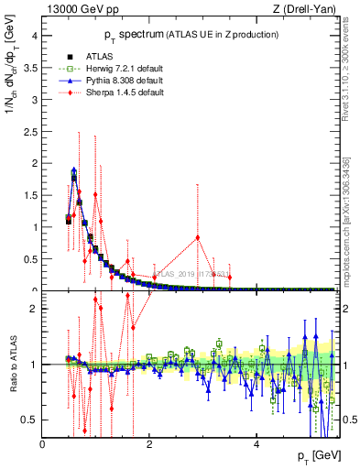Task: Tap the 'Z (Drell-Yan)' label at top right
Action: tap(305, 10)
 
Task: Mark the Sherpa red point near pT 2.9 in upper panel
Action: tap(197, 238)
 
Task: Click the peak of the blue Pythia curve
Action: tap(73, 169)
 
